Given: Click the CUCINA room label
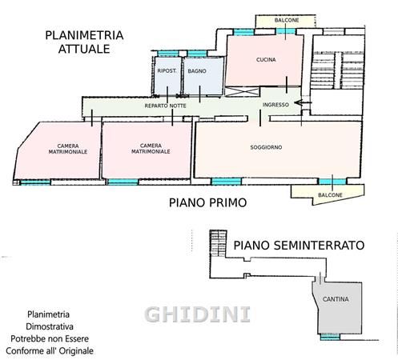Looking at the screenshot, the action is (266, 60).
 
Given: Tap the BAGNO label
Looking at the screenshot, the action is (197, 71).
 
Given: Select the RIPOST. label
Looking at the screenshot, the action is (167, 71).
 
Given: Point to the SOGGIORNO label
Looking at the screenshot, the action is (266, 147).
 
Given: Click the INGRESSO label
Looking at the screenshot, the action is (275, 105).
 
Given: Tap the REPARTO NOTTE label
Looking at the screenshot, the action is (166, 106).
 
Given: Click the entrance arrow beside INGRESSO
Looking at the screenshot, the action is (303, 102).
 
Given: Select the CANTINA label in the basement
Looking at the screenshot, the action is (336, 299).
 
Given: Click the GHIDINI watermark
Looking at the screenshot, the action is (198, 314).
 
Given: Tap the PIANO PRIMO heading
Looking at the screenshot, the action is (207, 202).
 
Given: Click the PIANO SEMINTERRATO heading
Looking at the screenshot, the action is (299, 246).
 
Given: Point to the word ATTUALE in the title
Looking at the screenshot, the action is (84, 49).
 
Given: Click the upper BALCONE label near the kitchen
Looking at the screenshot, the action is (287, 20).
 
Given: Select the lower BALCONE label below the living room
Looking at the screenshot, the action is (330, 195).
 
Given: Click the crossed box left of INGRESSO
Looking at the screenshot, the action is (242, 92).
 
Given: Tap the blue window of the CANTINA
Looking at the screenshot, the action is (330, 337).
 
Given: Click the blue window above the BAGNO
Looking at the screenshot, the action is (197, 54).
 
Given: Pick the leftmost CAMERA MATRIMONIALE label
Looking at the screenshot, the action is (68, 149).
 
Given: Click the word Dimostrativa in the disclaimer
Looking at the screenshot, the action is (50, 326).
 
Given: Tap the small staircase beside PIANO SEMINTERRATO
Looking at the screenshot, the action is (218, 243).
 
